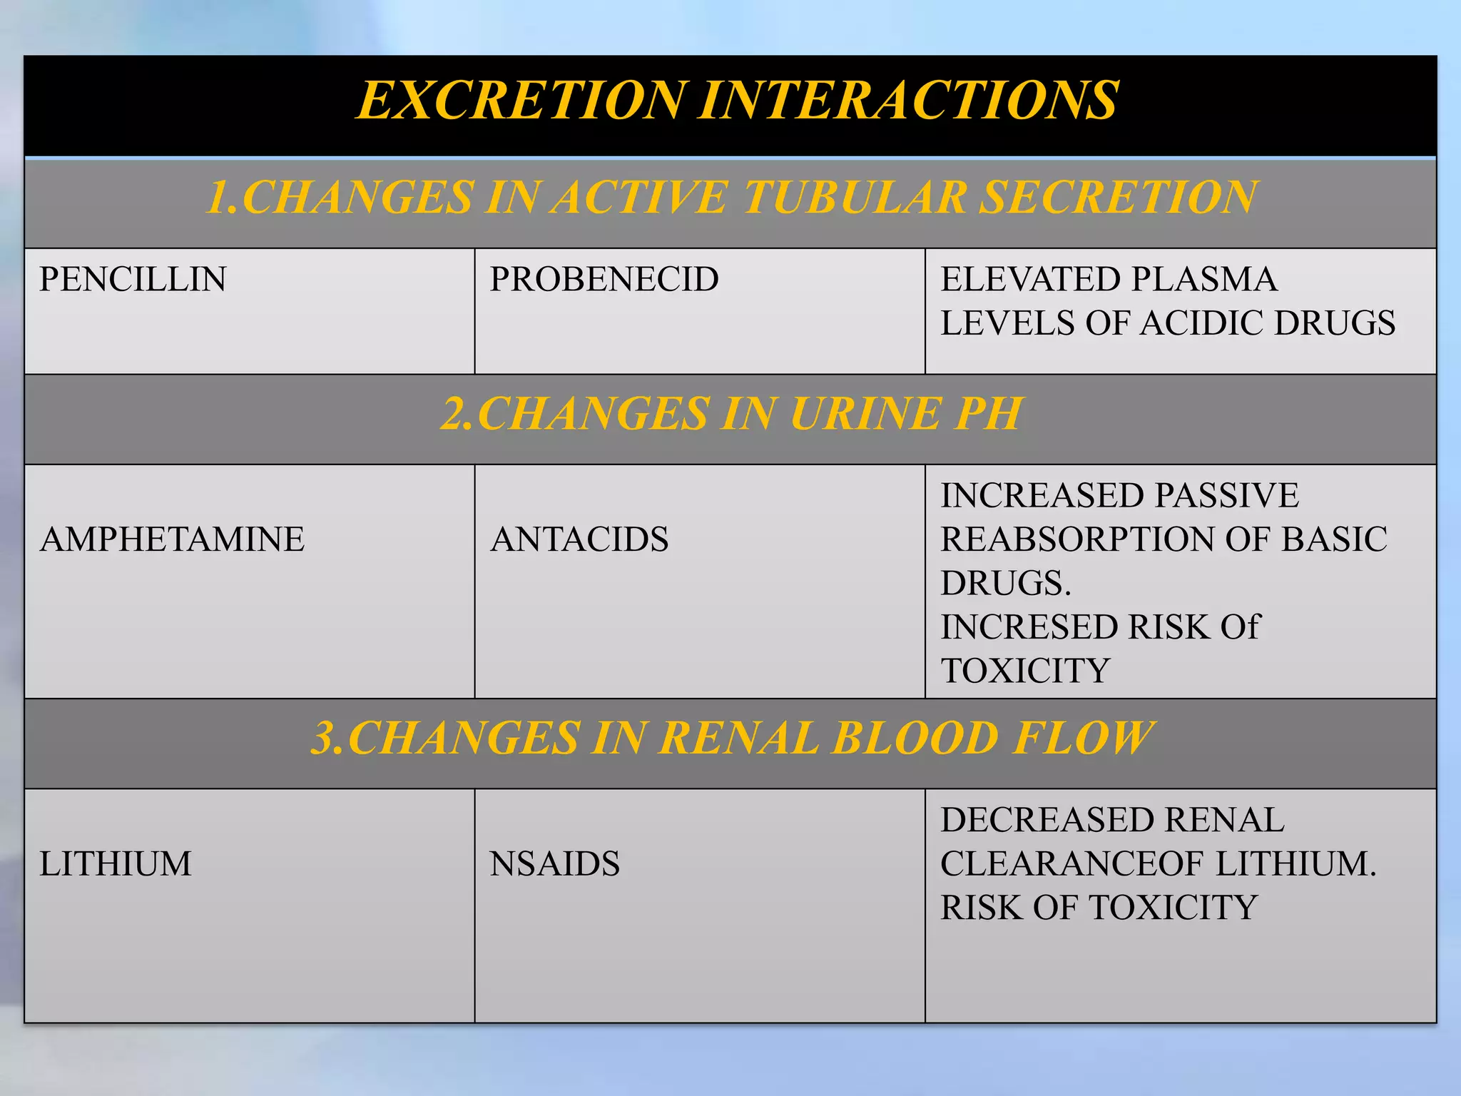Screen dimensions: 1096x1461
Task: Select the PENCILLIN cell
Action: coord(133,279)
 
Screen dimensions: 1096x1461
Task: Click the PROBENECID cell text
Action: coord(604,279)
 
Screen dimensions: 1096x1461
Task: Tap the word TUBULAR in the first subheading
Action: coord(854,198)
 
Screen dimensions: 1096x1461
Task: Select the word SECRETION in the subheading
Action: coord(1118,198)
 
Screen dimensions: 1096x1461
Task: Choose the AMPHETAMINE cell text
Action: coord(172,539)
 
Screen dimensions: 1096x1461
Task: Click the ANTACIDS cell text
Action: coord(579,539)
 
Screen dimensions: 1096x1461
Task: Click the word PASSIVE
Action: coord(1226,496)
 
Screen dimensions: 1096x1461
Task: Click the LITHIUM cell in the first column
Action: coord(116,864)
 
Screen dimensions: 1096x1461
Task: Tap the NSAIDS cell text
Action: coord(554,864)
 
